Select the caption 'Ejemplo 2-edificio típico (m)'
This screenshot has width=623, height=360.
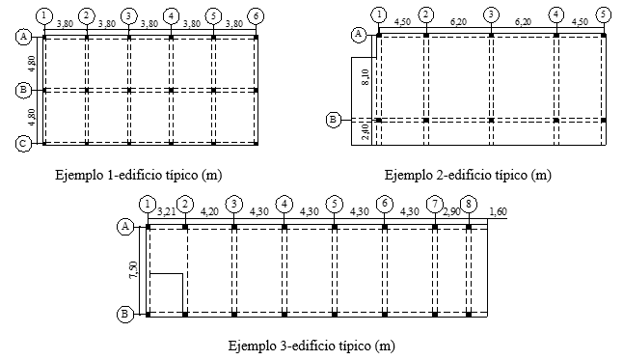pos(468,176)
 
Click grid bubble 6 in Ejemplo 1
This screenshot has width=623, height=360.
pos(255,15)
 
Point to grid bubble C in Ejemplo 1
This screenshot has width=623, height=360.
pos(23,143)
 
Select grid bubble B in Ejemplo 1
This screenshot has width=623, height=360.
pos(23,90)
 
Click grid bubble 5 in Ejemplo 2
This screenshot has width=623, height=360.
pos(603,15)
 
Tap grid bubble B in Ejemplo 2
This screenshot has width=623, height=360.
pos(334,120)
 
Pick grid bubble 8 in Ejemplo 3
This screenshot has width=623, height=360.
pos(469,204)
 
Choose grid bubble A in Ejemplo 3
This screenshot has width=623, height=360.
pos(124,226)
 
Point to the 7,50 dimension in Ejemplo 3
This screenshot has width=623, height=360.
pos(134,270)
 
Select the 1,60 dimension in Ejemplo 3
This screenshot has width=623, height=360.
pos(499,212)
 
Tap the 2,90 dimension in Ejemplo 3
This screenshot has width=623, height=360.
pos(451,212)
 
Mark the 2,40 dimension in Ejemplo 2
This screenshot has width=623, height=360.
pos(363,132)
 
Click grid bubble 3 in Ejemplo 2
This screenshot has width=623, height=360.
pos(492,15)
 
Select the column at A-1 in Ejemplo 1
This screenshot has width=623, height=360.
pos(44,37)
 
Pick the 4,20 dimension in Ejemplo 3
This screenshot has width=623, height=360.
pos(209,212)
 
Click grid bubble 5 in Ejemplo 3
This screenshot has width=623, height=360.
pos(334,204)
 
